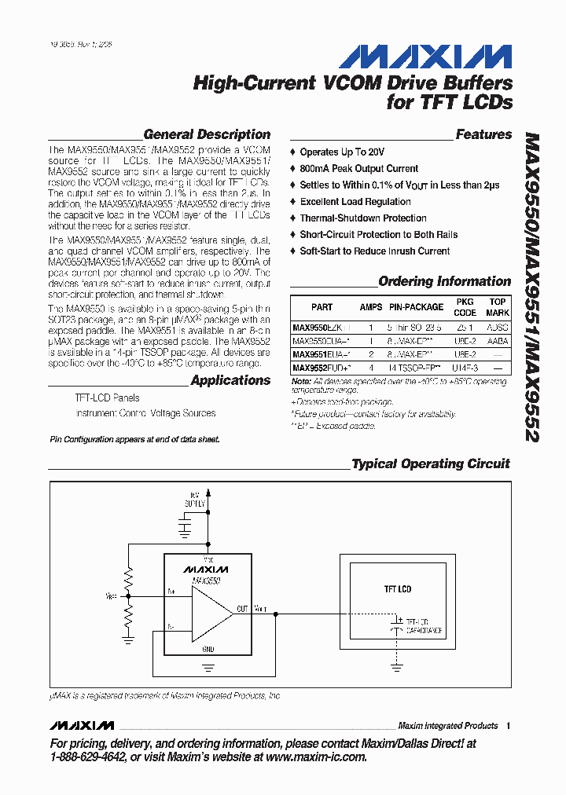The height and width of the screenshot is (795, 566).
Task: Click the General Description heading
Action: coord(207,134)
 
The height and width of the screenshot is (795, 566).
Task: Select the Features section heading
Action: coord(483,134)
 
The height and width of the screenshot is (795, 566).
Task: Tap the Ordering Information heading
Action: coord(444,281)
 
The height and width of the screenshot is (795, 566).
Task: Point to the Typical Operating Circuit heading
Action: coord(430,463)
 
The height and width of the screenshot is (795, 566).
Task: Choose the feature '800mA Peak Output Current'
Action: coord(358,168)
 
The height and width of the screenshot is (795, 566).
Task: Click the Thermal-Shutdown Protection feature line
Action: coord(362,218)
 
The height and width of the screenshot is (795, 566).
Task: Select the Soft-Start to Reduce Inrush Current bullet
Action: coord(374,251)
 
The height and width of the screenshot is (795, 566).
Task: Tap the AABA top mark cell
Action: coord(497,341)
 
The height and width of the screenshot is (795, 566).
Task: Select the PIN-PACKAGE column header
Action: coord(417,307)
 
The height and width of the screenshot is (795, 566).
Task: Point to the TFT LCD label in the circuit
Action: coord(397,588)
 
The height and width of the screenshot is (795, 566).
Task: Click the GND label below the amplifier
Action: coord(208,649)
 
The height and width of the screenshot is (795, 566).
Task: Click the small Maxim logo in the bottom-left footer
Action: coord(81,725)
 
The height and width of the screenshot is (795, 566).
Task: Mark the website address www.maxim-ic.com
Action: coord(314,757)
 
